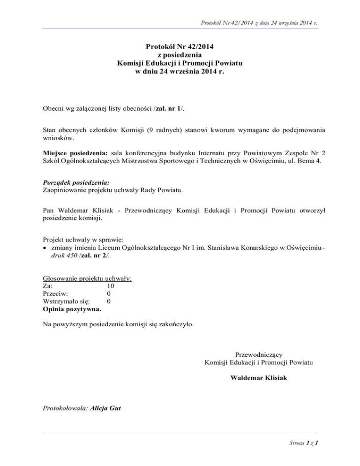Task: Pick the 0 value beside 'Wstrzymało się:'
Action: pos(109,301)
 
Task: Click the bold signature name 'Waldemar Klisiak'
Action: pos(259,377)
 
